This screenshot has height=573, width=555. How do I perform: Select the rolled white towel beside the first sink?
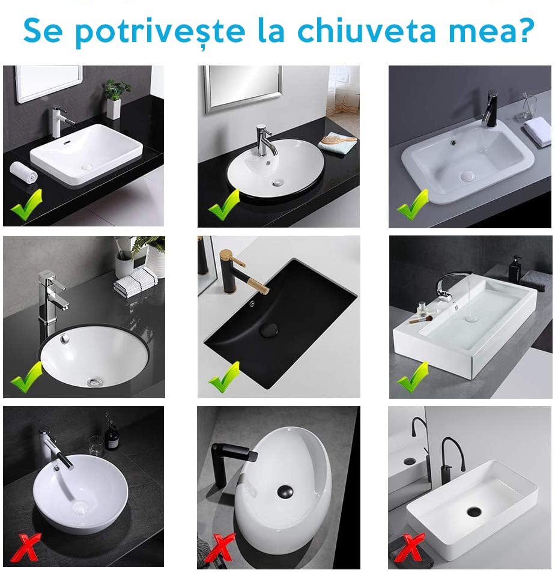coord(23,172)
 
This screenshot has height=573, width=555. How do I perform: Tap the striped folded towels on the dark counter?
coord(136,282)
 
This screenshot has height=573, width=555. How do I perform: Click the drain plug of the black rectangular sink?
coord(268,329)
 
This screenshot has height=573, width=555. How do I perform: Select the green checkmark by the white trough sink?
coord(413,378)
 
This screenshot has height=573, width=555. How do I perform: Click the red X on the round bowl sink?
coord(25,547)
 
